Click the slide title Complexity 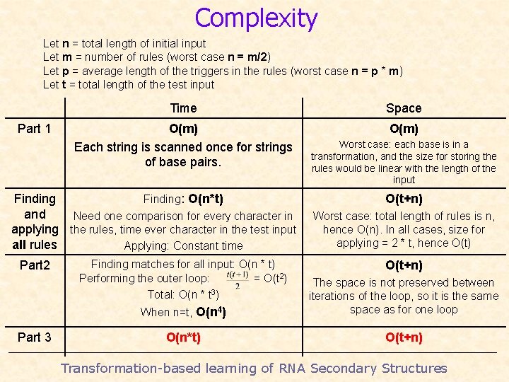pyautogui.click(x=256, y=18)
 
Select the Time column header pyautogui.click(x=183, y=108)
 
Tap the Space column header pyautogui.click(x=404, y=108)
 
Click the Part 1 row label pyautogui.click(x=34, y=129)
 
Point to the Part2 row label pyautogui.click(x=35, y=265)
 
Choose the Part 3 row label pyautogui.click(x=34, y=337)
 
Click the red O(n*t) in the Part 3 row pyautogui.click(x=183, y=337)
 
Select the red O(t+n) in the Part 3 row pyautogui.click(x=404, y=337)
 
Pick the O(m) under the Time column pyautogui.click(x=183, y=129)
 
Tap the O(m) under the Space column pyautogui.click(x=404, y=129)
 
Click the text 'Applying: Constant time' pyautogui.click(x=183, y=246)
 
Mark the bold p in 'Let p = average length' pyautogui.click(x=66, y=71)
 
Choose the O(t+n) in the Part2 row pyautogui.click(x=404, y=265)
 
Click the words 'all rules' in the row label pyautogui.click(x=35, y=245)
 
